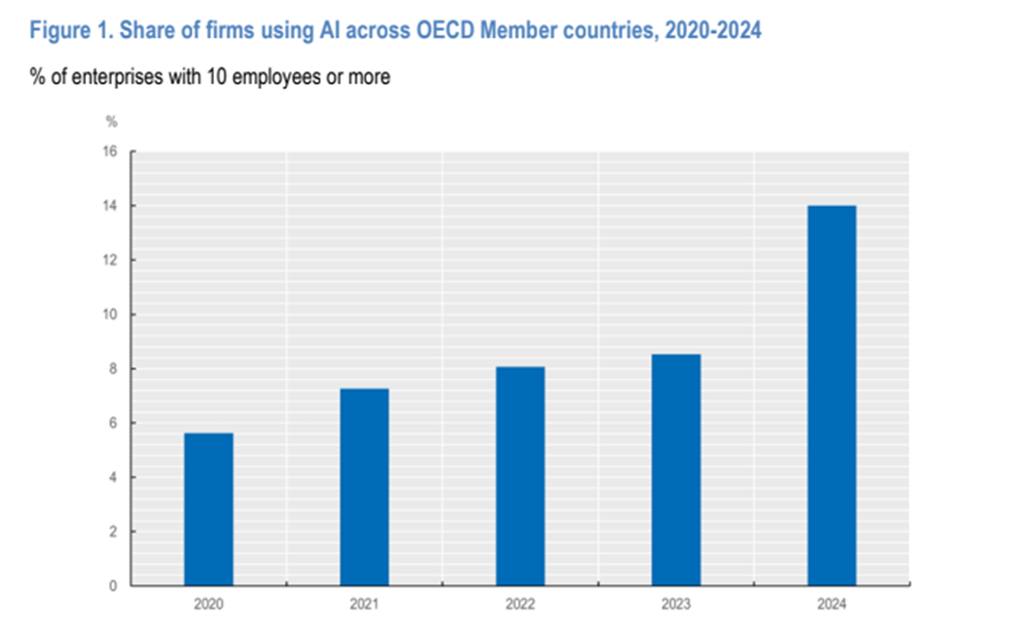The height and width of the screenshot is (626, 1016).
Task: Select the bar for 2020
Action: [x=208, y=509]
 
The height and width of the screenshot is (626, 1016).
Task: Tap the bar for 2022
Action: [x=520, y=476]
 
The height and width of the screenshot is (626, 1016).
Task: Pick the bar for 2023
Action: [x=675, y=469]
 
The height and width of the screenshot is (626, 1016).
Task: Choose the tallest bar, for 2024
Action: [x=832, y=395]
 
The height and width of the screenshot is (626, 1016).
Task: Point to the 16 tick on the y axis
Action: [x=109, y=151]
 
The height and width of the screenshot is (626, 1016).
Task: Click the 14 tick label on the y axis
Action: [x=109, y=206]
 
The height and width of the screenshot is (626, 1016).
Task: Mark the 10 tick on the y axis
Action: [x=109, y=314]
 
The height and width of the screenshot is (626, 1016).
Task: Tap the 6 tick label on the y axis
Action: [x=112, y=423]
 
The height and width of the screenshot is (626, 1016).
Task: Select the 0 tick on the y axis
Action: [x=112, y=586]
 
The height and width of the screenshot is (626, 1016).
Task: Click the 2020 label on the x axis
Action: [x=208, y=605]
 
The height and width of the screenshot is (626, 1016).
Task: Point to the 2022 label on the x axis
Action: [x=520, y=605]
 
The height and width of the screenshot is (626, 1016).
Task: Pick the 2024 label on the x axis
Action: [x=832, y=605]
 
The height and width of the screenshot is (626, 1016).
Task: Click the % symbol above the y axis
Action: [x=111, y=122]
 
